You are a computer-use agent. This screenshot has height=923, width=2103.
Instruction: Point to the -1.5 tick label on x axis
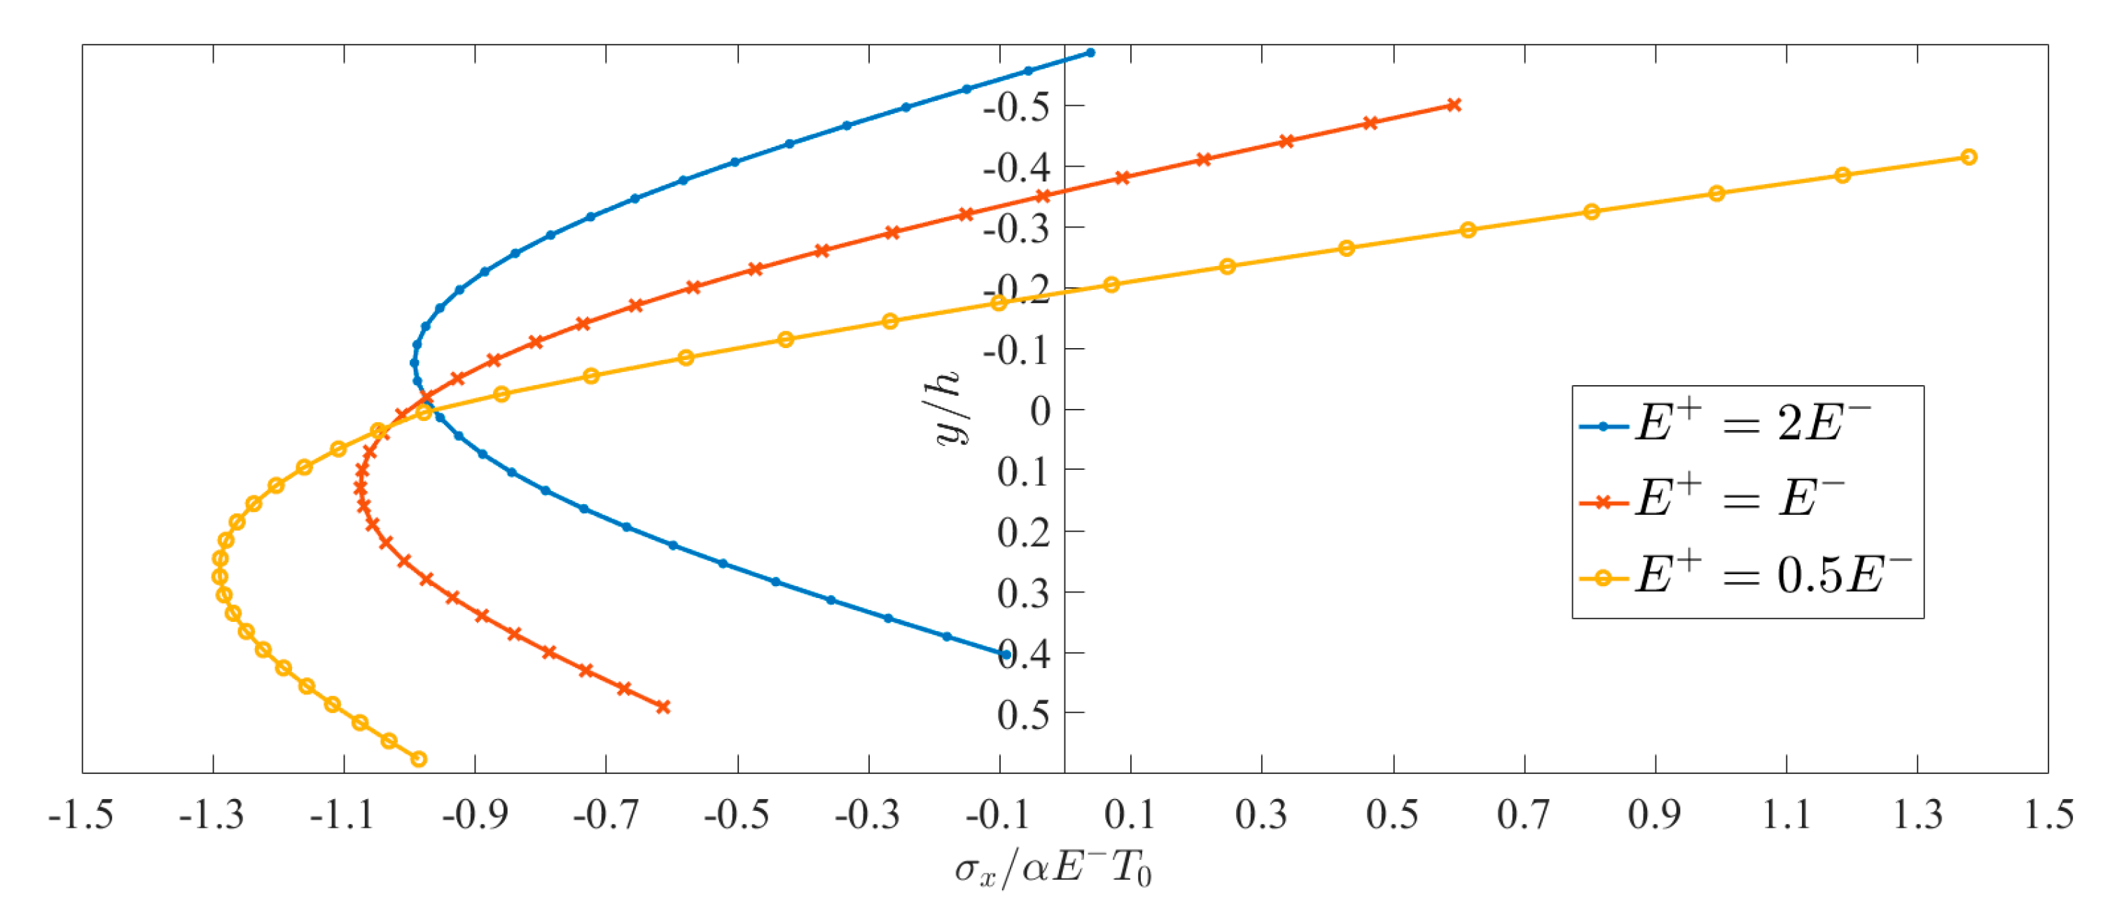click(x=81, y=814)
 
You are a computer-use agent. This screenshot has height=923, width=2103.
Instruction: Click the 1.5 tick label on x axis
click(x=2048, y=814)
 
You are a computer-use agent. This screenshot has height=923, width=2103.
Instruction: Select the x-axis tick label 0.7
click(x=1523, y=814)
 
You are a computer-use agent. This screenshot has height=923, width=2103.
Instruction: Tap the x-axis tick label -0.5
click(x=737, y=814)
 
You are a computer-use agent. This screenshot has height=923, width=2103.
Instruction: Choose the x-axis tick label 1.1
click(x=1786, y=814)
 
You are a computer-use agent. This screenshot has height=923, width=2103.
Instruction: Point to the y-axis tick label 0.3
click(x=1022, y=593)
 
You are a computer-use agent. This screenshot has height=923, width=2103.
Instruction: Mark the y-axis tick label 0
click(x=1040, y=410)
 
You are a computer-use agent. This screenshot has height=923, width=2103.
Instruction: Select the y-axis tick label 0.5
click(x=1022, y=715)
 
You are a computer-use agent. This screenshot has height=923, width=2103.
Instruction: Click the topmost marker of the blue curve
click(x=1090, y=53)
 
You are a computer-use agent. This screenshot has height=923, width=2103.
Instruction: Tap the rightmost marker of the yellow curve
click(x=1969, y=157)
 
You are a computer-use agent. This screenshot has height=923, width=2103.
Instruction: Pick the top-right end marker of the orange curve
click(x=1454, y=105)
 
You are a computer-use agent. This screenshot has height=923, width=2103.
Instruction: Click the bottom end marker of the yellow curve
click(x=419, y=759)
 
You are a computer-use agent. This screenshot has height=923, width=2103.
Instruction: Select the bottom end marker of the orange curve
click(x=663, y=707)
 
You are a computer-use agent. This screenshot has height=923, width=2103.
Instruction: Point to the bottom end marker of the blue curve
click(x=1005, y=653)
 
